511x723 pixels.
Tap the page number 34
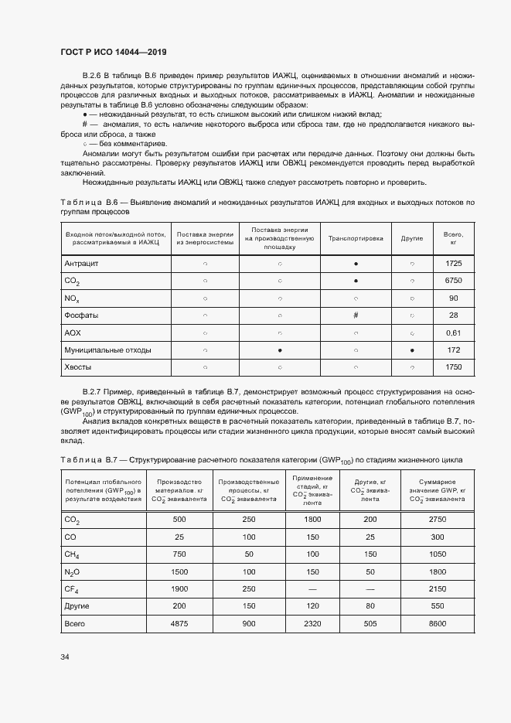(x=65, y=656)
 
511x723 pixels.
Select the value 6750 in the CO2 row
(x=453, y=281)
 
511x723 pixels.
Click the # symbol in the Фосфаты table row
(x=356, y=315)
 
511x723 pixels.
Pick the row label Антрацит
(x=82, y=264)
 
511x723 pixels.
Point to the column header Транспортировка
(x=356, y=238)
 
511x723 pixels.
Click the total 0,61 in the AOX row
(x=453, y=333)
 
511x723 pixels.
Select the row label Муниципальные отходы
(x=107, y=350)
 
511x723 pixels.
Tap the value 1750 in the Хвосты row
(x=453, y=367)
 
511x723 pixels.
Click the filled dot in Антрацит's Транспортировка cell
(x=356, y=264)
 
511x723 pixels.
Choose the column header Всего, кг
(x=453, y=238)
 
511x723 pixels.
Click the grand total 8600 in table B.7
(x=437, y=622)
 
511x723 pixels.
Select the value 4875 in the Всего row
(x=179, y=622)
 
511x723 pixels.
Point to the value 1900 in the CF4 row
(x=179, y=588)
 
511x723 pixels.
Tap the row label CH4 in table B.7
(x=73, y=554)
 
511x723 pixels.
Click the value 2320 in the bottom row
(x=312, y=622)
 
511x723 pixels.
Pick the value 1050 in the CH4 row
(x=437, y=554)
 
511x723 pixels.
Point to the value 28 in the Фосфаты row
(x=453, y=315)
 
